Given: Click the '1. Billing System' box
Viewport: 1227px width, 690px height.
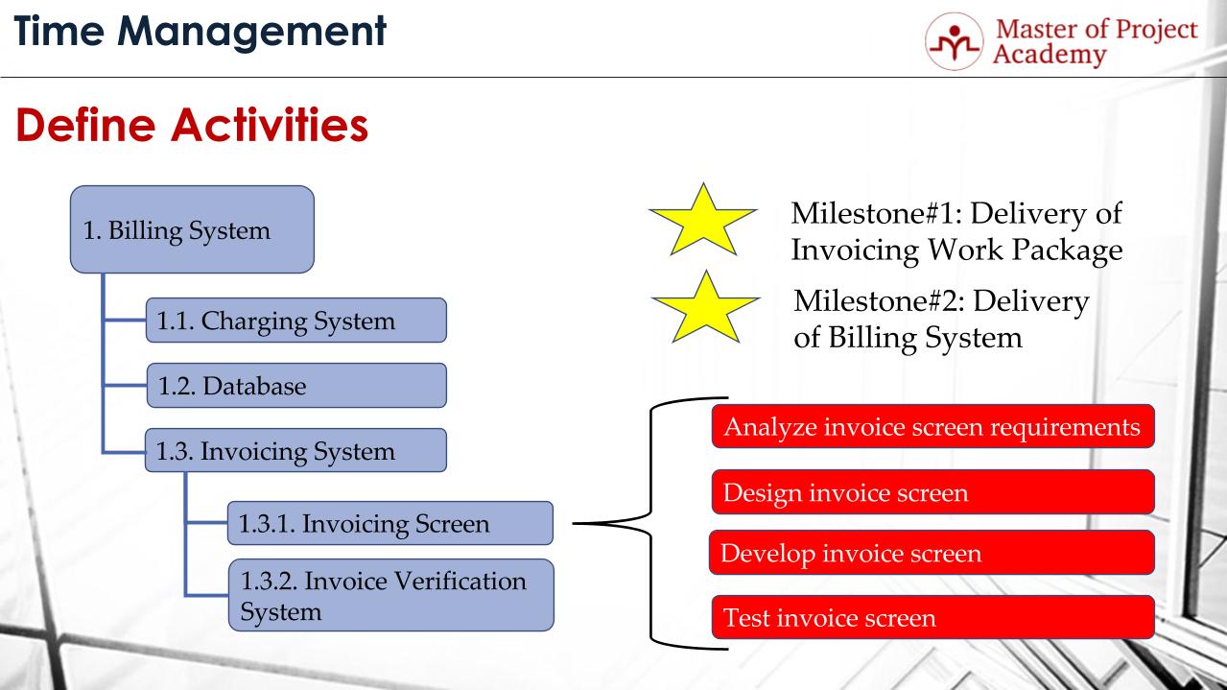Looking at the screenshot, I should point(192,229).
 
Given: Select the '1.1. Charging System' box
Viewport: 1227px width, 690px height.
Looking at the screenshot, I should point(295,321).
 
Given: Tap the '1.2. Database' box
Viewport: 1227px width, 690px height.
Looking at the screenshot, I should point(295,386).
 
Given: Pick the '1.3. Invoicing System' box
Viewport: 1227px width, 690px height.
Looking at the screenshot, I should point(295,451).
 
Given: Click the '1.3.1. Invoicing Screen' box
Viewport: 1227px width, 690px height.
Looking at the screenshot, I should point(389,524).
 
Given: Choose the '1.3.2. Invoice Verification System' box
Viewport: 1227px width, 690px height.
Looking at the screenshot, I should point(389,595).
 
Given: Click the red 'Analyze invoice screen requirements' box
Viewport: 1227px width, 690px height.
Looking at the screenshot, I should point(932,426).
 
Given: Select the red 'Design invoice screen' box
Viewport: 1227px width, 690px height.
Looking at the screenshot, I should point(932,492).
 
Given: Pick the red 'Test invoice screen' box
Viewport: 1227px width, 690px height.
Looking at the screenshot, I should point(932,617).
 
